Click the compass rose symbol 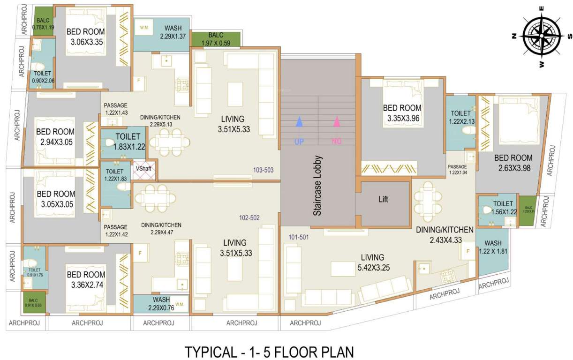click(542, 36)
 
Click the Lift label click(384, 199)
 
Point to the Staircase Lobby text click(318, 186)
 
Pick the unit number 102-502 click(249, 217)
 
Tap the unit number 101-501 click(299, 237)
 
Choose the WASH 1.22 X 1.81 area click(492, 247)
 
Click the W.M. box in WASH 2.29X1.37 click(144, 28)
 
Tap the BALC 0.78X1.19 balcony click(43, 24)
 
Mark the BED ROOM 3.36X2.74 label click(86, 279)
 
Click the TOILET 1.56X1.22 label click(503, 208)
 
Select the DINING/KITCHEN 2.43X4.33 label click(445, 235)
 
